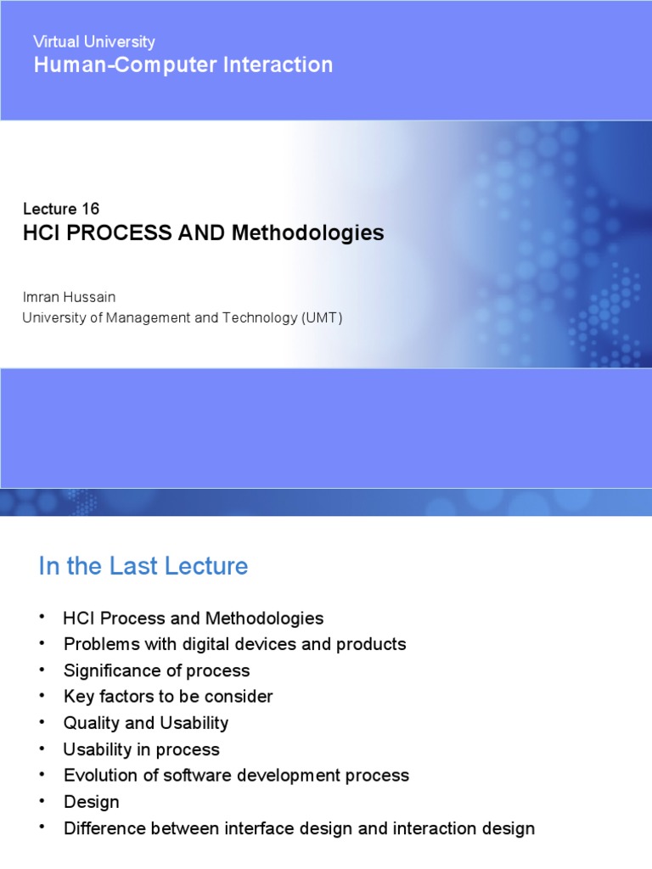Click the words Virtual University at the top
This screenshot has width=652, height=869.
click(93, 42)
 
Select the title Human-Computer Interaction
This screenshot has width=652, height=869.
click(183, 64)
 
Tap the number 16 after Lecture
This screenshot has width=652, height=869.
click(90, 209)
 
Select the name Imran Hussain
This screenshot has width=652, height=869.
click(68, 297)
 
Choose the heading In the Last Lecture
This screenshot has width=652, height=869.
click(143, 566)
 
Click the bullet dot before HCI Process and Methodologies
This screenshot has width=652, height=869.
click(41, 617)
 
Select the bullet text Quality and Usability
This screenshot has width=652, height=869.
click(146, 723)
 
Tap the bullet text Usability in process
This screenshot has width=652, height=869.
click(141, 749)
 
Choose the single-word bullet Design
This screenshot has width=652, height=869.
click(91, 802)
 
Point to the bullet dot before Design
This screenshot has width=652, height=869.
click(41, 801)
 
